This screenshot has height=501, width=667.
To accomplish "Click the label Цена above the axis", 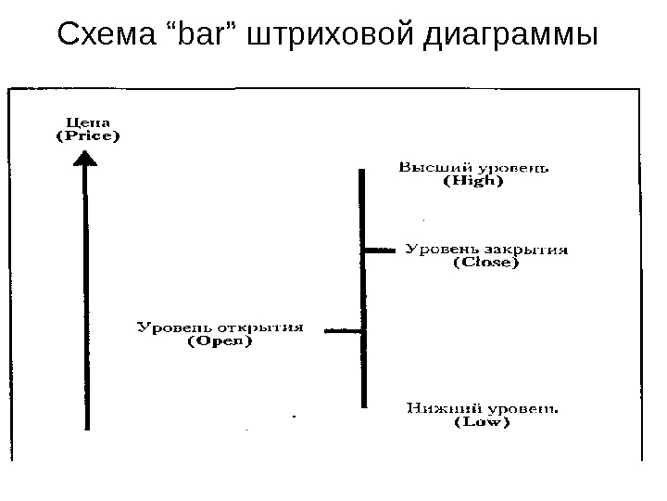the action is click(x=86, y=121).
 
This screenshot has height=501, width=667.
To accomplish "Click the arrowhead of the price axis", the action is click(x=86, y=160).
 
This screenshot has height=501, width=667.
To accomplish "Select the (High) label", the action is click(x=469, y=182).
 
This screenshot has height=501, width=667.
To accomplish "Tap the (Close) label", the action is click(x=486, y=263).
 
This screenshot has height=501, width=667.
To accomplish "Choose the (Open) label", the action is click(x=220, y=340).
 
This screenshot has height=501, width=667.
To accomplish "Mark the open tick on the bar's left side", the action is click(x=345, y=329).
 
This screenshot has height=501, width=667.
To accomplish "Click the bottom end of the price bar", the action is click(x=364, y=405).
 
